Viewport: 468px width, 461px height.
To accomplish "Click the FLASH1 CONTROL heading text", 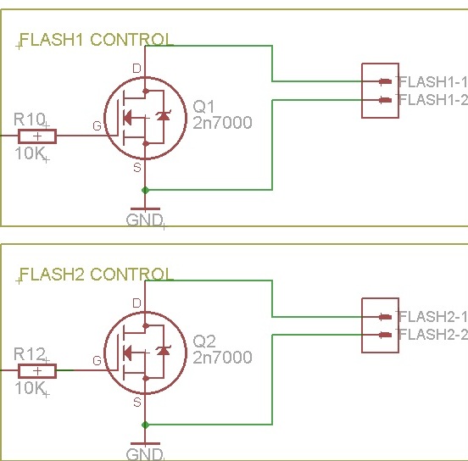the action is coord(96,39).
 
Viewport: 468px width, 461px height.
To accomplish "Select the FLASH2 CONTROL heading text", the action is coord(96,274).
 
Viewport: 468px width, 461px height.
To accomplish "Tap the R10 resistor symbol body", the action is coord(37,136).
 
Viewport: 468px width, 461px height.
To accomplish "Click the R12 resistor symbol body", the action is coord(37,371).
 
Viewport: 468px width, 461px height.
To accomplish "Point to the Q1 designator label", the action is coord(203,107).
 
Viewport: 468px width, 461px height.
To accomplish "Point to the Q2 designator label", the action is coord(204,341).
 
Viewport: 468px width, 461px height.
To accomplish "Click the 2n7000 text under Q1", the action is coord(222,123).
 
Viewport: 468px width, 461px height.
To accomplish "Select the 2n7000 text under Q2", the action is coord(222,357).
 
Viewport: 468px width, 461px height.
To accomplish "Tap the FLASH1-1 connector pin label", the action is coord(432,81).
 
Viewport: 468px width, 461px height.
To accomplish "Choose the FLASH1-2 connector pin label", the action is coord(432,100).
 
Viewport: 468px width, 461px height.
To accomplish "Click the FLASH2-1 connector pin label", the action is coord(432,316).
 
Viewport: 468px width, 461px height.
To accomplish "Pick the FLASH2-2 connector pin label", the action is coord(432,334).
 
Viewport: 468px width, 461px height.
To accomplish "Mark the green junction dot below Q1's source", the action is coord(145,190).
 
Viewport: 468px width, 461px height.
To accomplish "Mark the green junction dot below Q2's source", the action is coord(145,425).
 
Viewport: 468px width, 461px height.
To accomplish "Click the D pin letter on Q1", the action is coord(136,69).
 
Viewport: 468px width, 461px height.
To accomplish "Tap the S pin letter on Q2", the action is coord(137,403).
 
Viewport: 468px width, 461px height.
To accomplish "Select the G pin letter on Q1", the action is coord(97,126).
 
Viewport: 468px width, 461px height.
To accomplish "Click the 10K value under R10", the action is coord(30,153).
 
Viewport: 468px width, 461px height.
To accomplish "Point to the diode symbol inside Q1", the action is coord(164,115).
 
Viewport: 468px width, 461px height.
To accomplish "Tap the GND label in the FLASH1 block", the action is coord(144,220).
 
